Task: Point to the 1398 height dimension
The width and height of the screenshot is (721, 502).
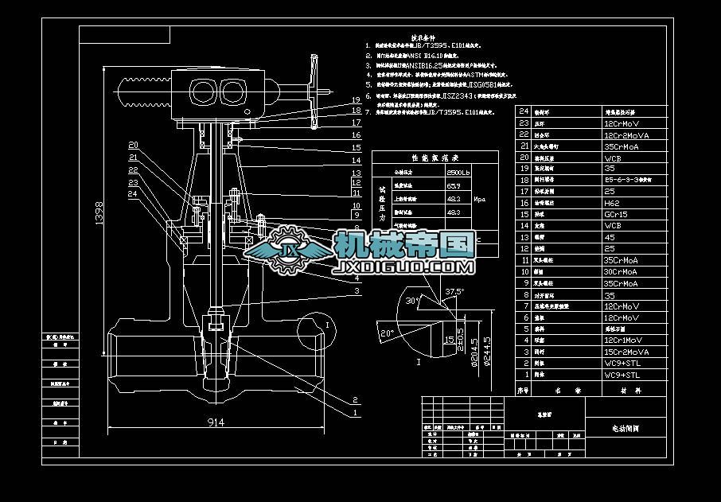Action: point(99,216)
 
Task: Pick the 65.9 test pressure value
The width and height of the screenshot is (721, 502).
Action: point(454,185)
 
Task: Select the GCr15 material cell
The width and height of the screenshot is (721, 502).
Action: point(614,214)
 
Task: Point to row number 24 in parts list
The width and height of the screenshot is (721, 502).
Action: point(524,112)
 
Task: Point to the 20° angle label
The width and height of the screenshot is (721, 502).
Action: point(388,331)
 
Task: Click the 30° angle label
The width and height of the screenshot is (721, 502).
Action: point(411,302)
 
